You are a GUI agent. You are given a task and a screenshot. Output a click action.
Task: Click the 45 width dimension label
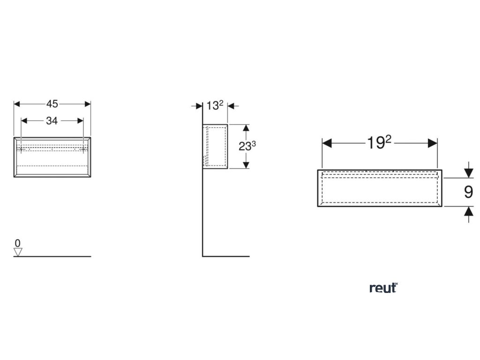52,104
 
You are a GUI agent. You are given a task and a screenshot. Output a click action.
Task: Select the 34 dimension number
52,121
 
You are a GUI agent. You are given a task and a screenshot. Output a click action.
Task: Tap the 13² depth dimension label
215,106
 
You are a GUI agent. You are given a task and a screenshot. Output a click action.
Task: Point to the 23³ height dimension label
247,146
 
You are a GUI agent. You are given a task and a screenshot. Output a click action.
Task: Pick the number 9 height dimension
468,192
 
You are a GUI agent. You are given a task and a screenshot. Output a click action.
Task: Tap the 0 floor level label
17,243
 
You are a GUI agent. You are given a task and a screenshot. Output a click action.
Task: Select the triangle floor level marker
18,252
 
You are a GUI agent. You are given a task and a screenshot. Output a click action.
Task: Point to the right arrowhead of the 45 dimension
87,104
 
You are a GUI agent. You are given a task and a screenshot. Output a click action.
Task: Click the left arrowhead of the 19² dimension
327,143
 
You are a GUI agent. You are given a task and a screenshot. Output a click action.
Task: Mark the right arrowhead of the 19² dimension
432,143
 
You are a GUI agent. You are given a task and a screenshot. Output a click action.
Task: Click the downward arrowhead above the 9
468,173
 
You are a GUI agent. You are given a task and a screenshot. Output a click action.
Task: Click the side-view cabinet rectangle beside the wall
215,146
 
